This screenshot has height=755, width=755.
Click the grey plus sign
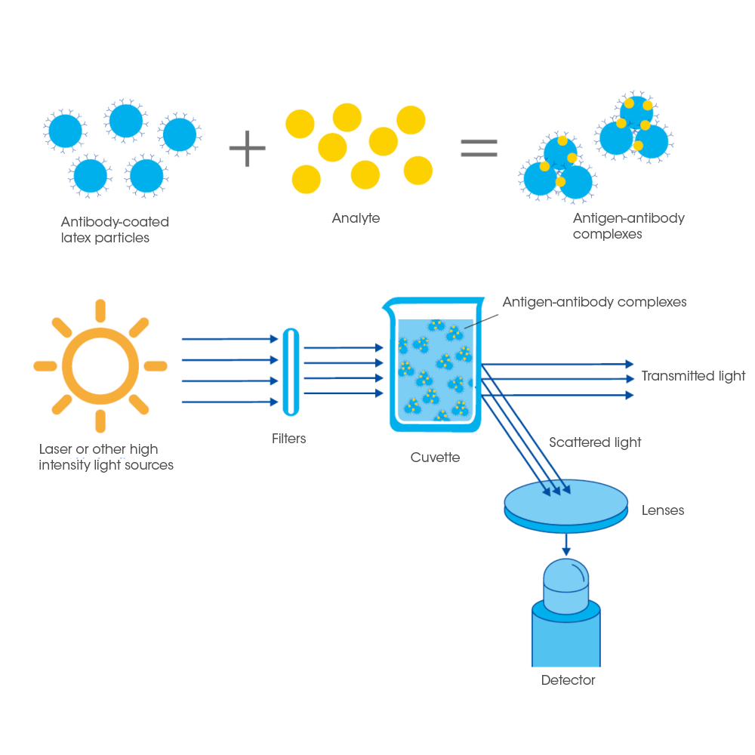pos(248,147)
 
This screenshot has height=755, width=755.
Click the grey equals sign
pos(479,149)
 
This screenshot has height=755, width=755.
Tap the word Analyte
pos(356,219)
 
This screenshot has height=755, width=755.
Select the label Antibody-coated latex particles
pos(115,230)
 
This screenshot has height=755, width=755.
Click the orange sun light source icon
pos(100,365)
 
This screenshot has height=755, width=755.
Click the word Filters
pos(289,438)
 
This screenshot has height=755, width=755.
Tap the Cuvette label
pos(435,458)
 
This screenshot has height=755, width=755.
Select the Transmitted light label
pos(693,376)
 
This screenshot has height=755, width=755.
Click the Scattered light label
pos(595,442)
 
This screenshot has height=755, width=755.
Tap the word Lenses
pos(663,510)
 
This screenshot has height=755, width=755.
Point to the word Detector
pos(569,680)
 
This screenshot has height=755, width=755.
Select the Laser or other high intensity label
pos(106,457)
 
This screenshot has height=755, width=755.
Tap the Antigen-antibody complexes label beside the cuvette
pos(594,302)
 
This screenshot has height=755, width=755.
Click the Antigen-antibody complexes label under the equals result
pos(628,226)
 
